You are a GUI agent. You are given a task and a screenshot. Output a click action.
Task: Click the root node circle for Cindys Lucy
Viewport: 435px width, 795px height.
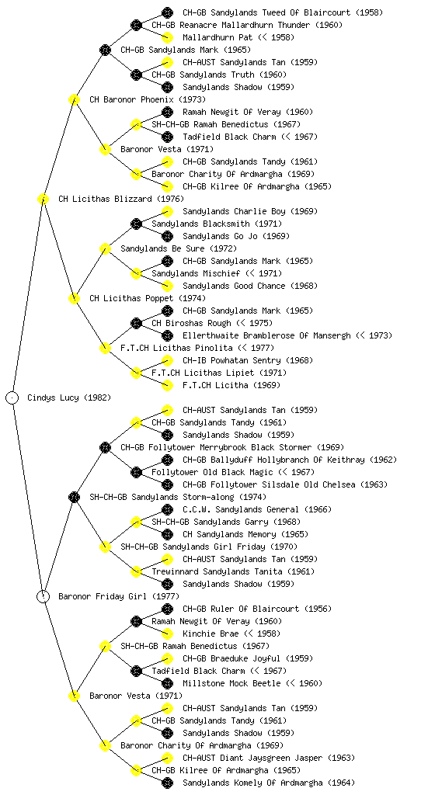(x=12, y=397)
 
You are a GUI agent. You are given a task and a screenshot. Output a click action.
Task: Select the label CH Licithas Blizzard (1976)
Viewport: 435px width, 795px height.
(x=121, y=200)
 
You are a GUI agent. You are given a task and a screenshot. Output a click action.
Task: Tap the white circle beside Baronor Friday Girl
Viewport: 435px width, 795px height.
(x=43, y=596)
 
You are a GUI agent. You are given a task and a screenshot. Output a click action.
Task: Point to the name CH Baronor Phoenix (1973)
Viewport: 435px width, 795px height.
(x=148, y=100)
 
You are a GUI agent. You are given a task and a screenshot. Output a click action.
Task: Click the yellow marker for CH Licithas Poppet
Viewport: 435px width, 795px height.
(x=74, y=298)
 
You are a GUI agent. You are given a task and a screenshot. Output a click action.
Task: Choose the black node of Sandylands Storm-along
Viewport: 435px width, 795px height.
(x=74, y=497)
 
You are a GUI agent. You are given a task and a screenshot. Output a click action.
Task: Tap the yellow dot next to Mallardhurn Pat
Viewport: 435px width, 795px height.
(x=167, y=37)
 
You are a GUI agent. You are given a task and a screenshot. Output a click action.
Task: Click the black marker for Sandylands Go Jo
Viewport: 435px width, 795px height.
(x=167, y=236)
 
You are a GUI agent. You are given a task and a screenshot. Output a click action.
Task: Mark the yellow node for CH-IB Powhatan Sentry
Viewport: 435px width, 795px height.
(x=167, y=360)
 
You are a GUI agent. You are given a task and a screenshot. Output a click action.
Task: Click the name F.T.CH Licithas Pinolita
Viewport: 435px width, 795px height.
(x=176, y=349)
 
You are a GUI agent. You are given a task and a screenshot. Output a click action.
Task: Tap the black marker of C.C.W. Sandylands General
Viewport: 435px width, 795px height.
(x=167, y=509)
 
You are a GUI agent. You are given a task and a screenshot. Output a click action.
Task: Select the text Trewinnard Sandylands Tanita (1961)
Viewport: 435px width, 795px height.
(x=233, y=572)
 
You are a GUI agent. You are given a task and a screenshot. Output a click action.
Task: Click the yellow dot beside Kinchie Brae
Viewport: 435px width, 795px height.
(x=167, y=634)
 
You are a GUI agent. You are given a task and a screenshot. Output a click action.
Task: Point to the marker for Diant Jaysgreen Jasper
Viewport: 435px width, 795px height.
(x=167, y=758)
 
